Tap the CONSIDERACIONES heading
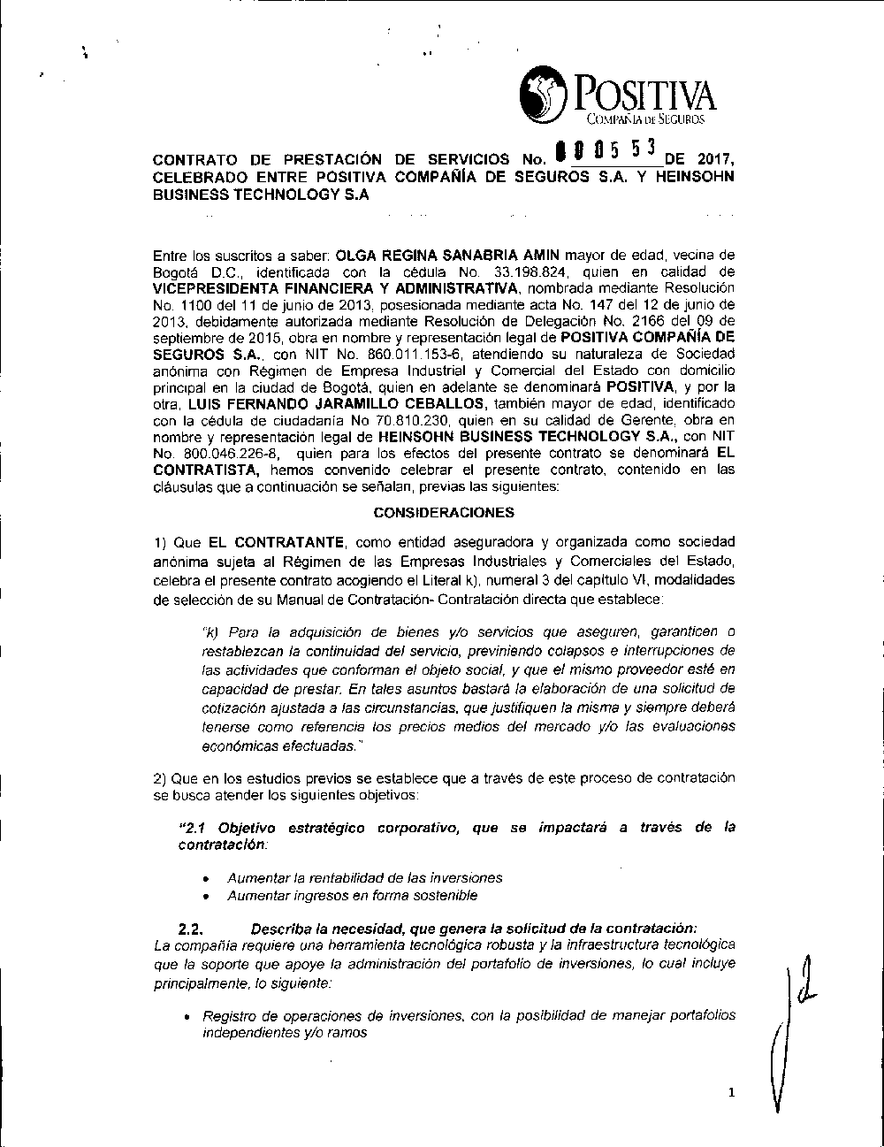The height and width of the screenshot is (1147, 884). point(444,512)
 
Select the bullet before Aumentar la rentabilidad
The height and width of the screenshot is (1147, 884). point(205,879)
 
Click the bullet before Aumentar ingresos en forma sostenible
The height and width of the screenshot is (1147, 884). point(205,897)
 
